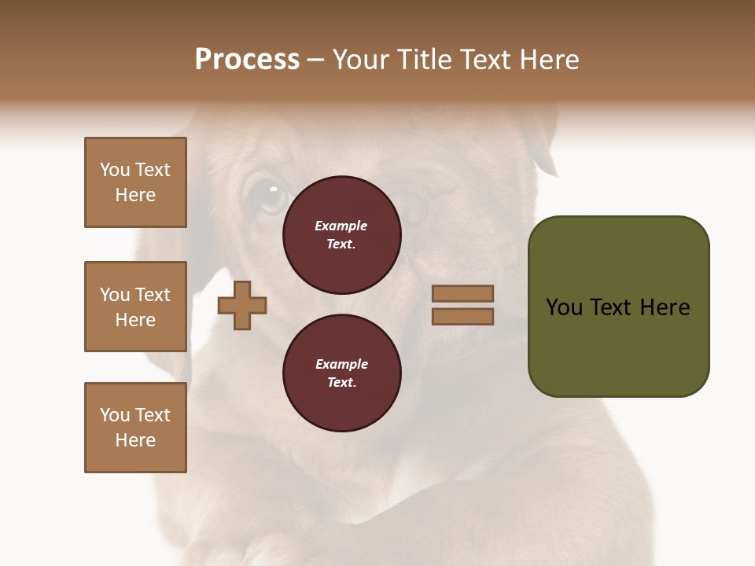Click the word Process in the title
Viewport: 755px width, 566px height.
247,60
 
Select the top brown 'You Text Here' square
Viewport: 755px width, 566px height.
135,182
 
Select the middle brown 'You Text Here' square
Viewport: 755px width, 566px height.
135,307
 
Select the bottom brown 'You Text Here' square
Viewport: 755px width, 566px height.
135,428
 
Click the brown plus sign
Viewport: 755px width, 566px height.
242,306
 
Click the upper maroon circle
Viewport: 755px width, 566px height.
342,235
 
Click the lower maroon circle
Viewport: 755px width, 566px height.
342,373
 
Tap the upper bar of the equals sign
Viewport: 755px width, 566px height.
462,294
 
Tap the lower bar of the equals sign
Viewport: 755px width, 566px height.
462,316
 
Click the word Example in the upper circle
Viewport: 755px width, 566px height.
341,226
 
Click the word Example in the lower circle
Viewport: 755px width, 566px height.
341,364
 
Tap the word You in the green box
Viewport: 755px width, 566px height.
564,307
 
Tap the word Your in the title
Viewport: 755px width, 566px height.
363,60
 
